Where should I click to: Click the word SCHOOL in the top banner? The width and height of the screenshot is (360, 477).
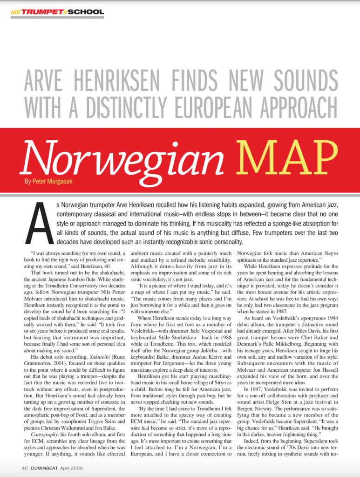click(86, 12)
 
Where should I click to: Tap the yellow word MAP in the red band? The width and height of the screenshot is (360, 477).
click(289, 156)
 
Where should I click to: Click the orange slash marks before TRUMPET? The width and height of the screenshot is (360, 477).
click(16, 12)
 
